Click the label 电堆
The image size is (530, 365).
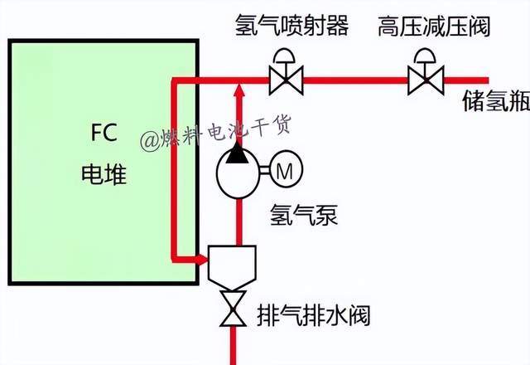104,173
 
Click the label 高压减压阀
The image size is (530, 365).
435,26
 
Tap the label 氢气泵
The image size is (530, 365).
304,217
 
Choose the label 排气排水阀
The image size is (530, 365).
312,316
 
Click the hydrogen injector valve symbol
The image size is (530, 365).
287,80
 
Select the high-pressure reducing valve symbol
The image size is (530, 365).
426,80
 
